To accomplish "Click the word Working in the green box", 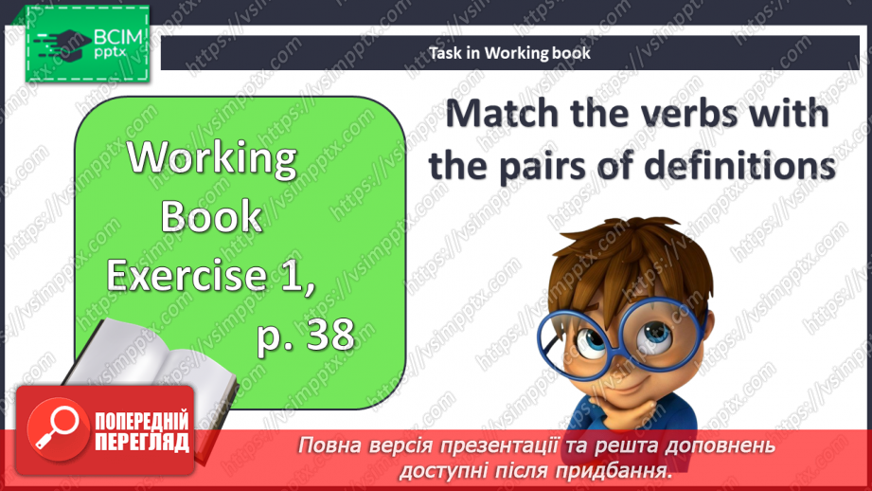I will pyautogui.click(x=213, y=158).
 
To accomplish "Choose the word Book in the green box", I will pyautogui.click(x=211, y=217).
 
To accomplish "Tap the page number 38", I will pyautogui.click(x=324, y=334).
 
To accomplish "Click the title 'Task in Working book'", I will pyautogui.click(x=510, y=53).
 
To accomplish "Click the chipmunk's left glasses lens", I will pyautogui.click(x=569, y=336).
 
